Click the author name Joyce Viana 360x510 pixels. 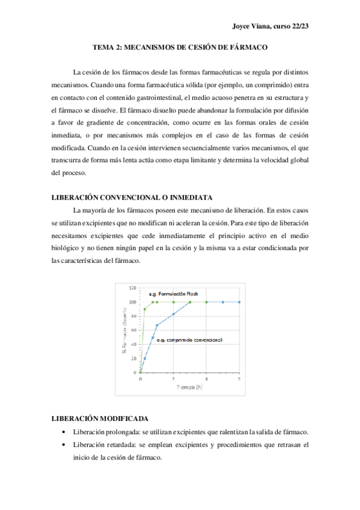[251, 26]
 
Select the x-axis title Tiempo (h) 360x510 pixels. [189, 386]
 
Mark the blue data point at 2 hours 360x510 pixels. [174, 314]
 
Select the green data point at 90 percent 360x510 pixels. [144, 309]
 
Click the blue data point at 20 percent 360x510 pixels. [144, 358]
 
